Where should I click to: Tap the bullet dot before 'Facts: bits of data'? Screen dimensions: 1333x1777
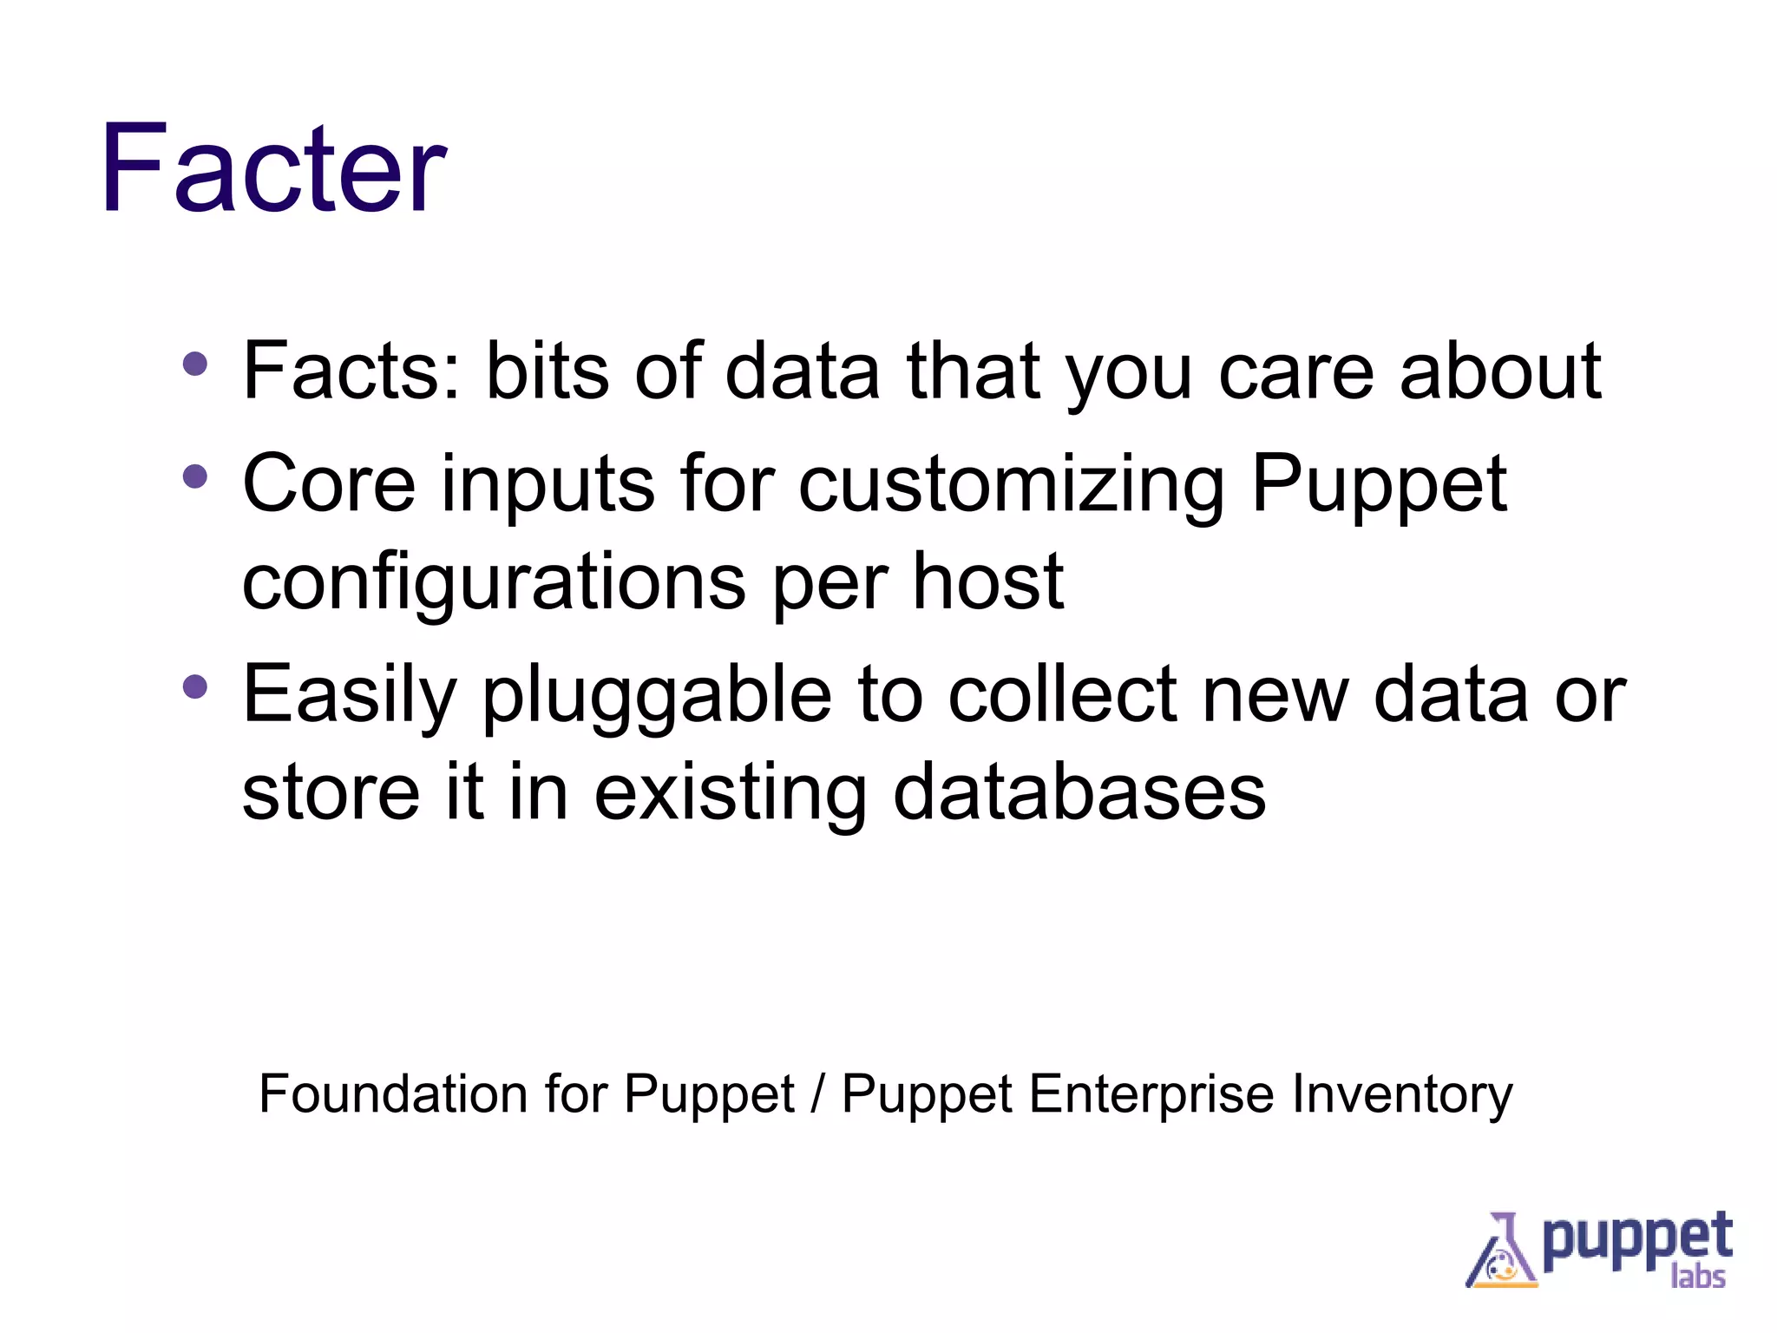[195, 364]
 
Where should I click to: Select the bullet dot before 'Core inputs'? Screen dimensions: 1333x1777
[195, 476]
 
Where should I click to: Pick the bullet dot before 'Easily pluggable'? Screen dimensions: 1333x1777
[195, 687]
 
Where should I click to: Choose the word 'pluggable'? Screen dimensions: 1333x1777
[656, 696]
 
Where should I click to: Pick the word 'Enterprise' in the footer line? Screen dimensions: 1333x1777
[1151, 1095]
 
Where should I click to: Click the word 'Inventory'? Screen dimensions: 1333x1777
[1402, 1095]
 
